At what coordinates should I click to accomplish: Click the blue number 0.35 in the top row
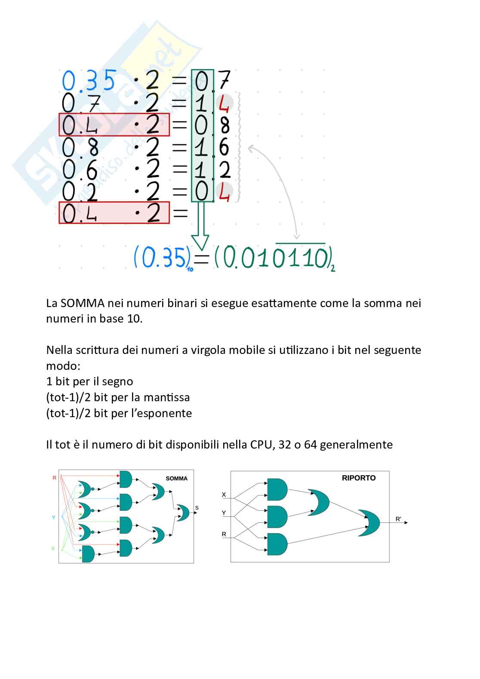point(89,80)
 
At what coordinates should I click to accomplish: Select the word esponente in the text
point(166,413)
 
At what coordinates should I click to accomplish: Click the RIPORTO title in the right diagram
point(359,478)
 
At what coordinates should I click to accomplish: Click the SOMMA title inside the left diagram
point(176,478)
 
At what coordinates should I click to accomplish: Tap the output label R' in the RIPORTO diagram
point(398,519)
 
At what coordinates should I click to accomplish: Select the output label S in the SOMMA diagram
point(197,508)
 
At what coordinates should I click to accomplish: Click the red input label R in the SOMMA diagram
point(54,477)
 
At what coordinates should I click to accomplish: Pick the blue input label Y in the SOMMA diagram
point(54,517)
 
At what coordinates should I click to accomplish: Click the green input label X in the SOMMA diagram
point(53,548)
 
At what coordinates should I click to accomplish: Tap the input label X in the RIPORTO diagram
point(224,495)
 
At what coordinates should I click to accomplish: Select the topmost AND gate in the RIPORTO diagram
point(277,489)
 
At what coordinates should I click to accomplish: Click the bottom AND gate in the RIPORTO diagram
point(277,544)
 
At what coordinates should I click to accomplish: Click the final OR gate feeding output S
point(183,512)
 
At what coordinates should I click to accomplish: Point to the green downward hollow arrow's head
point(200,243)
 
